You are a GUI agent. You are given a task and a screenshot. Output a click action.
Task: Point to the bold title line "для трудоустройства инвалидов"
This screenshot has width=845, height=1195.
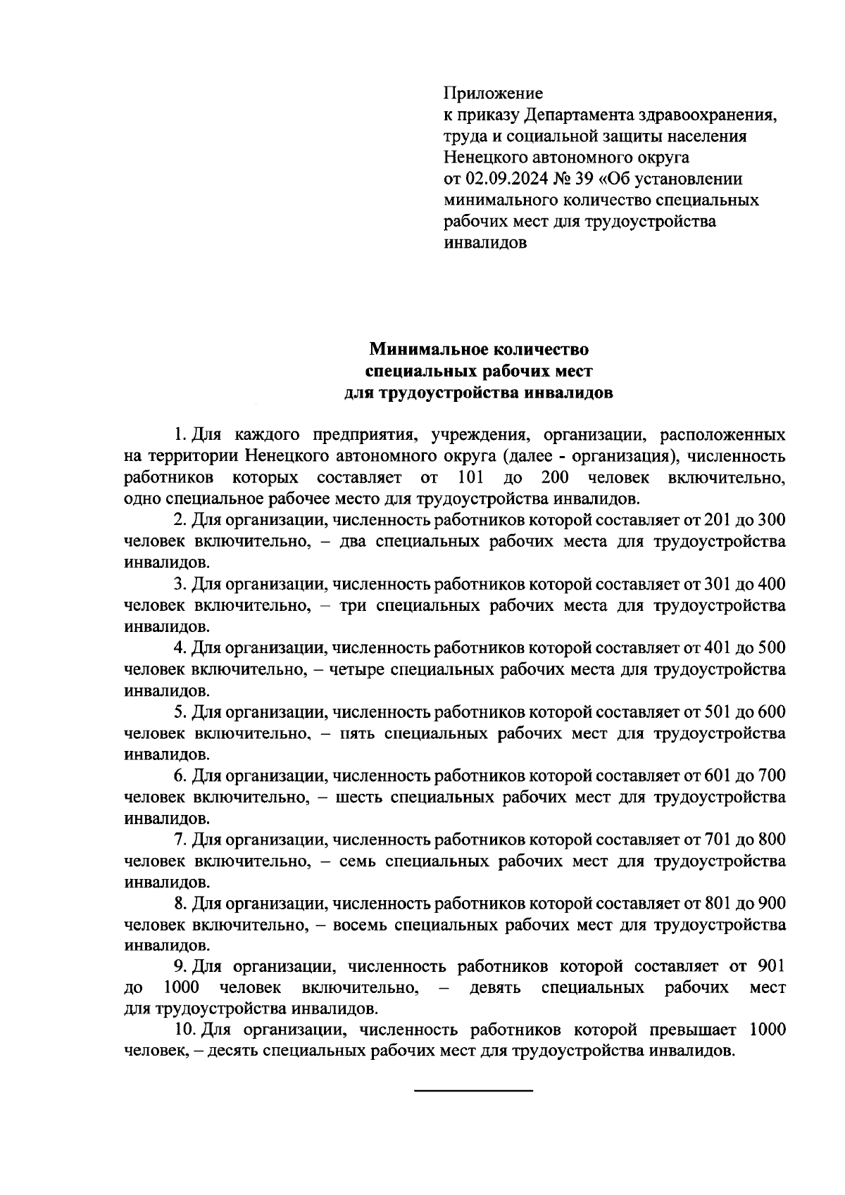(x=478, y=393)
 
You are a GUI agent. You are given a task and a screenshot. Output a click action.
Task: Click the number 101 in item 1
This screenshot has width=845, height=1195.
(x=470, y=479)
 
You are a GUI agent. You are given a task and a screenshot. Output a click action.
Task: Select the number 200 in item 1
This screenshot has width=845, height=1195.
(x=555, y=479)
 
